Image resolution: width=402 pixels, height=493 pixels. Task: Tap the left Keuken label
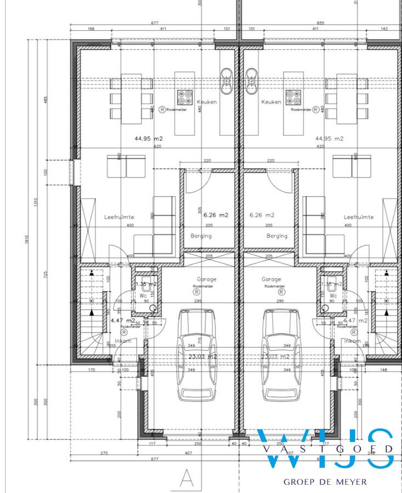point(208,102)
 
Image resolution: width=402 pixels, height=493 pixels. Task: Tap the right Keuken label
point(271,102)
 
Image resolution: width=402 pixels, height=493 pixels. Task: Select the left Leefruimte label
point(119,217)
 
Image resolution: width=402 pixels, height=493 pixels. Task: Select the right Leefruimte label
point(359,217)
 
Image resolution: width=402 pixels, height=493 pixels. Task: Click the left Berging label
point(201,236)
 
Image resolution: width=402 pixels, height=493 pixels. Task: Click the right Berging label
point(276,236)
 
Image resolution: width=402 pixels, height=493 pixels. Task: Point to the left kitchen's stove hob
point(184,98)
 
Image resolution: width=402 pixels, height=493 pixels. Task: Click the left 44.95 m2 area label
point(149,139)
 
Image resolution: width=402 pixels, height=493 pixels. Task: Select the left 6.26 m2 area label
point(206,215)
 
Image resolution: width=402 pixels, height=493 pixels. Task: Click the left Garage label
point(206,279)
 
